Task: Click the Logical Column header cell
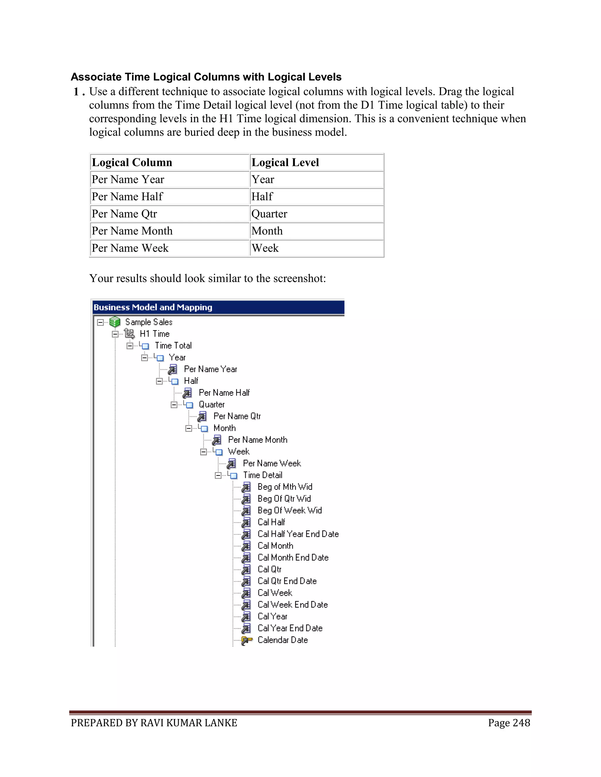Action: tap(132, 163)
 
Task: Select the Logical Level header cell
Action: tap(285, 163)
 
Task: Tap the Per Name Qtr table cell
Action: tap(124, 214)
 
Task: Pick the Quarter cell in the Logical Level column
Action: tap(269, 214)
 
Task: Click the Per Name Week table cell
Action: tap(130, 248)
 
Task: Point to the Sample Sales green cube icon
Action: tap(115, 322)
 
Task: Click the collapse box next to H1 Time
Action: tap(115, 334)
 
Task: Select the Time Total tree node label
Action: tap(173, 345)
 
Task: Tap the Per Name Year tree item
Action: tap(210, 369)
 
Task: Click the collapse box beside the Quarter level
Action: tap(174, 405)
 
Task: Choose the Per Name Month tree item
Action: tap(257, 440)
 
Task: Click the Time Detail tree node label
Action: tap(262, 475)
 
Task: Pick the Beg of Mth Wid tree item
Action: tap(285, 487)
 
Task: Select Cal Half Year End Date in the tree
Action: tap(298, 534)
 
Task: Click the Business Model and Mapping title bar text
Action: tap(153, 307)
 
